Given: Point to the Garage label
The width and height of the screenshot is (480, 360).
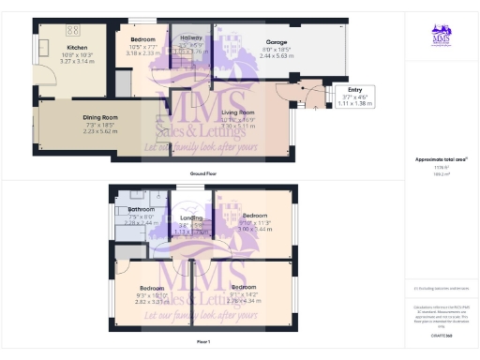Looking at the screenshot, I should click(x=249, y=42).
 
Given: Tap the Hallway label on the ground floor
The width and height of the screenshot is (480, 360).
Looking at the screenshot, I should click(x=191, y=38).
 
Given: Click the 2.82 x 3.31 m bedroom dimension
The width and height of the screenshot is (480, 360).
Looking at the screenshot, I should click(x=153, y=302).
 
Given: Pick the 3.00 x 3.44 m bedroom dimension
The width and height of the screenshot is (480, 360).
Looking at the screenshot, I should click(x=245, y=229).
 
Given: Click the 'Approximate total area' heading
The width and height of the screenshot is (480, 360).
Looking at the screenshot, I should click(x=441, y=159).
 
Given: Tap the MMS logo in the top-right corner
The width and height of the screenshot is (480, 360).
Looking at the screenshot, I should click(x=441, y=37).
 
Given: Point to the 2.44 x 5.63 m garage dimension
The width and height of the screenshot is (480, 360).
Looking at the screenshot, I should click(x=249, y=56).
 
